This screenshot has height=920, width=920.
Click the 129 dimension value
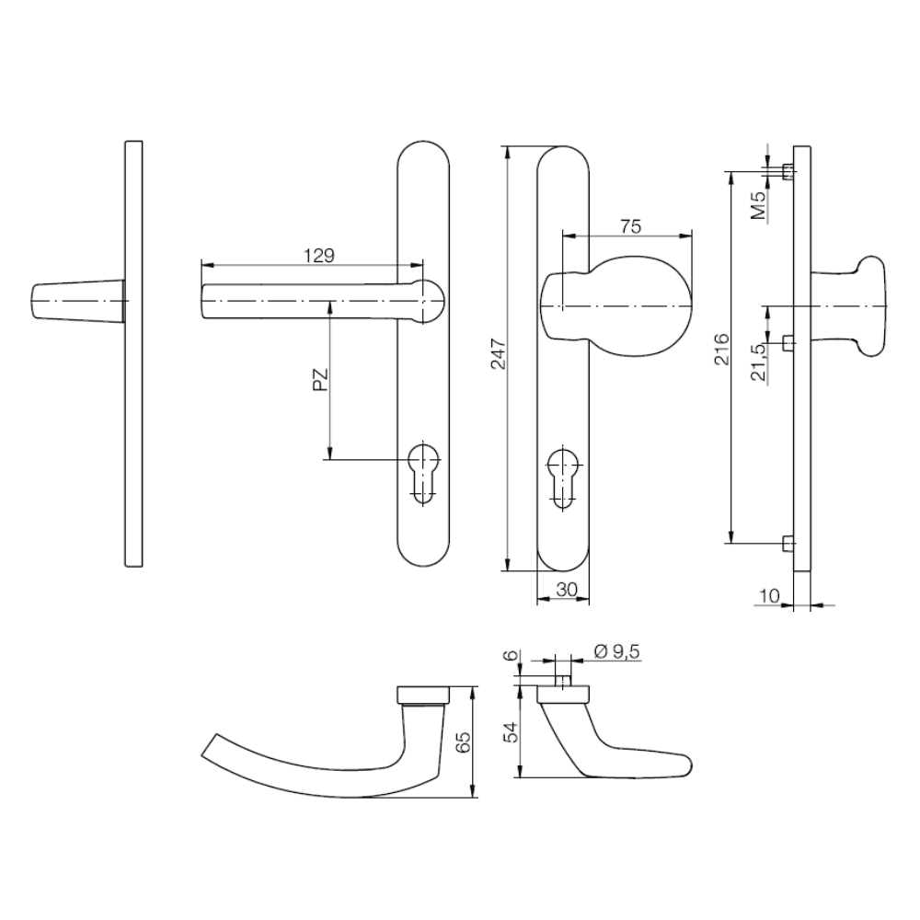click(x=319, y=256)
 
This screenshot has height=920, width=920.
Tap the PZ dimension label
click(x=320, y=380)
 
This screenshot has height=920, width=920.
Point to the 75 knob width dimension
click(x=630, y=226)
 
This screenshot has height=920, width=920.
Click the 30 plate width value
click(x=566, y=589)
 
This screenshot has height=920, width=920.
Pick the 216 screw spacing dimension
click(x=721, y=349)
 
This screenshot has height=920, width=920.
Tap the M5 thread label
click(x=760, y=206)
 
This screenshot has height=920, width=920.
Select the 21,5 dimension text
click(x=759, y=362)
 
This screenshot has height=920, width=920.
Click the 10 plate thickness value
click(x=769, y=596)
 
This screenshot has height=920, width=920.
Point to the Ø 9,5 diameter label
click(x=616, y=651)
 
